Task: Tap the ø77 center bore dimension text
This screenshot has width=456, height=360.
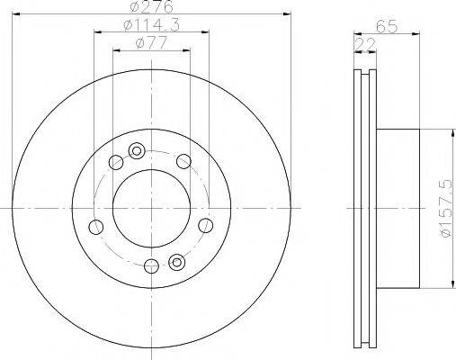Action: pyautogui.click(x=148, y=43)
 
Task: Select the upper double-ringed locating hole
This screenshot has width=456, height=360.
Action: pyautogui.click(x=137, y=150)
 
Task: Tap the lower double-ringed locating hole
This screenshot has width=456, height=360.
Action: pyautogui.click(x=175, y=263)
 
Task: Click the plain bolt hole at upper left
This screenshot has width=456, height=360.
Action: pyautogui.click(x=114, y=163)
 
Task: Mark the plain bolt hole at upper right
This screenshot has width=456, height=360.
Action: pyautogui.click(x=183, y=161)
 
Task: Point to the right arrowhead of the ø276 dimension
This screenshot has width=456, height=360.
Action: pyautogui.click(x=290, y=14)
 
